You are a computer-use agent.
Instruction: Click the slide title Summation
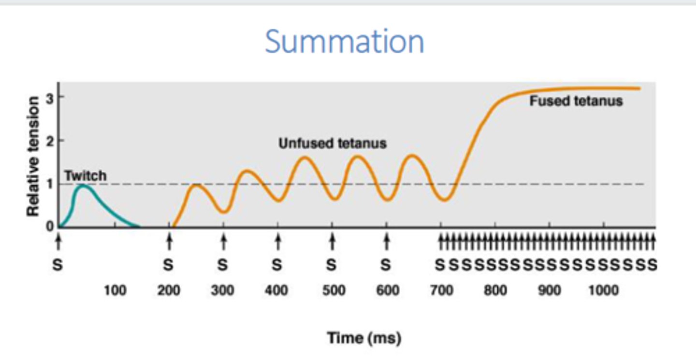click(x=344, y=42)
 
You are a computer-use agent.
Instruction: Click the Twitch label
click(x=85, y=176)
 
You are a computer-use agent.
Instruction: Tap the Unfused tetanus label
click(x=333, y=144)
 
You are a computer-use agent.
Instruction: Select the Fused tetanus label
click(x=576, y=101)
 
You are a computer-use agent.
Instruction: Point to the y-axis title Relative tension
click(x=33, y=156)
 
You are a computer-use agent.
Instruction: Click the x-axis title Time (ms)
click(x=364, y=338)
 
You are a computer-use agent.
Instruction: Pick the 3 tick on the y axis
click(x=49, y=97)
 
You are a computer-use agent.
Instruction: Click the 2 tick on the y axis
click(x=49, y=141)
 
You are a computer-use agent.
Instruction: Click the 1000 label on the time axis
click(x=604, y=290)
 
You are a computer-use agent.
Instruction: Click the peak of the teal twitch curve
click(x=83, y=186)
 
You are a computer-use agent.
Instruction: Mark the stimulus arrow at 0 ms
click(x=58, y=240)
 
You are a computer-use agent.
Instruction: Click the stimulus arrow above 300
click(x=223, y=240)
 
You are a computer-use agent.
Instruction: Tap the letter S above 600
click(x=386, y=265)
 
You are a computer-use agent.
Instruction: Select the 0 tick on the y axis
click(x=49, y=226)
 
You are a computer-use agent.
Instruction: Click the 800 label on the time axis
click(x=495, y=290)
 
